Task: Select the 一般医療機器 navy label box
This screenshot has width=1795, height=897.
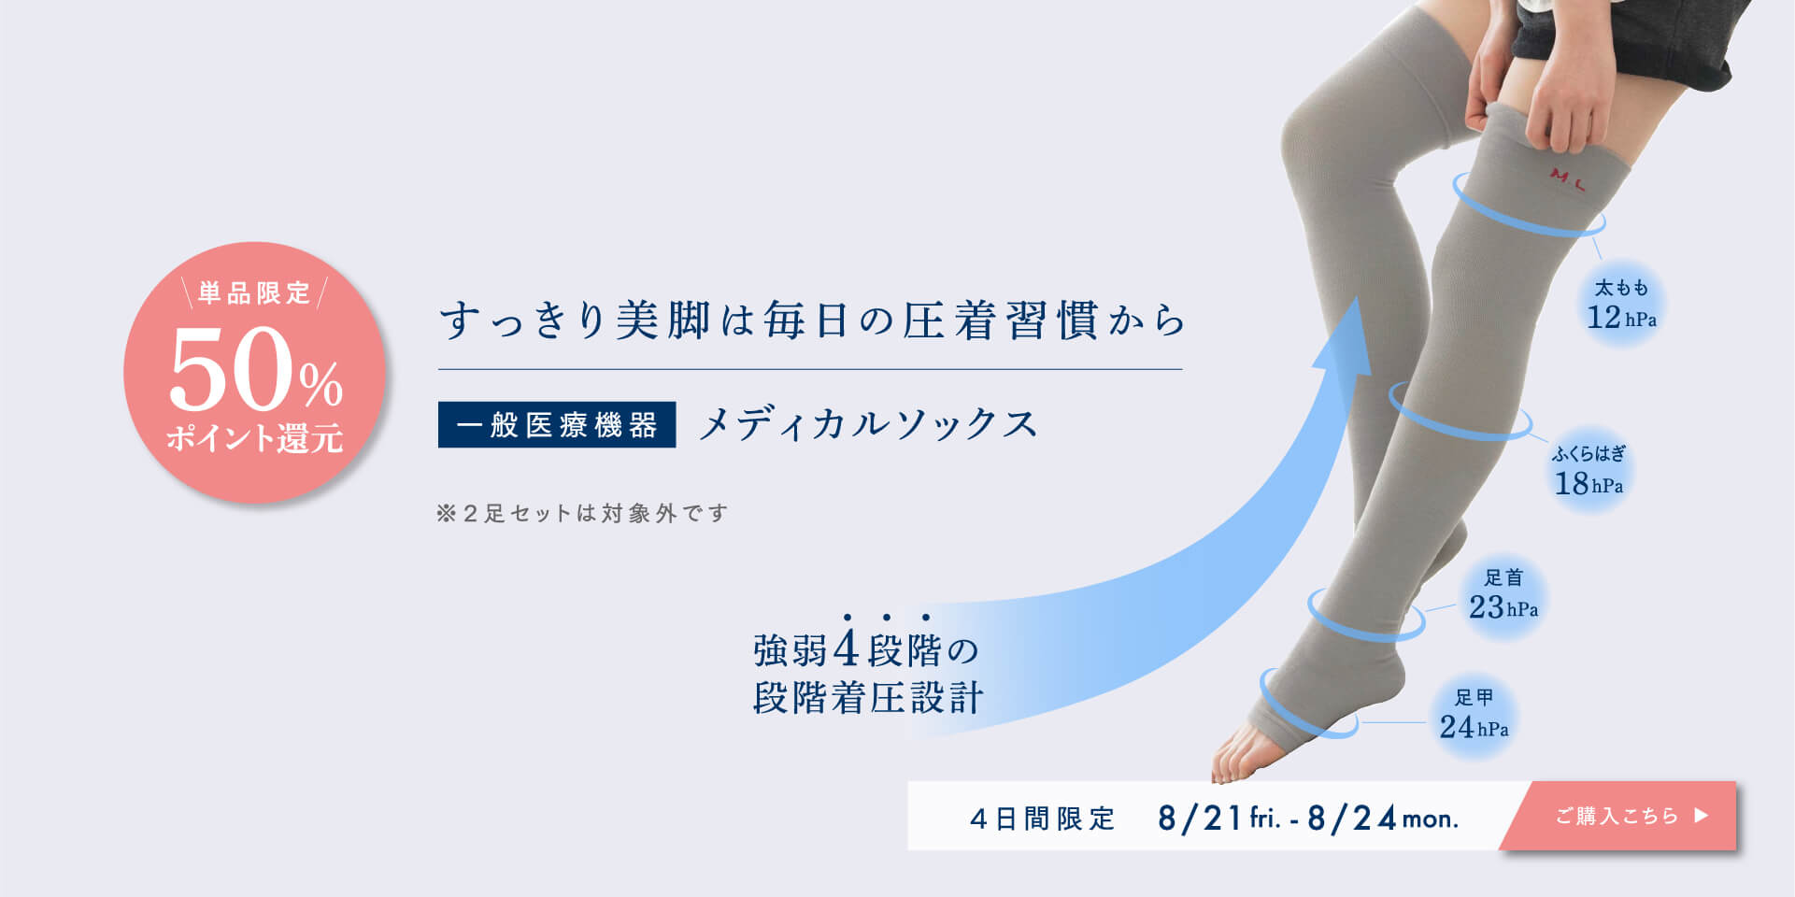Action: click(557, 425)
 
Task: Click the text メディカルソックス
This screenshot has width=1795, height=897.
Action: click(868, 424)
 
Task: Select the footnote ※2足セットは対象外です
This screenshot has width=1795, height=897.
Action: click(582, 513)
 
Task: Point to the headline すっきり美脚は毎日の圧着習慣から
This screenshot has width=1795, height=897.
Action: click(812, 320)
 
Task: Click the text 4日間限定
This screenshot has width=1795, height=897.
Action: click(1043, 819)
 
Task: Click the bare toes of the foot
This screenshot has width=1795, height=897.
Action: click(1239, 756)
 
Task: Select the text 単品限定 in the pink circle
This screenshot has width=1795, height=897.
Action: click(254, 293)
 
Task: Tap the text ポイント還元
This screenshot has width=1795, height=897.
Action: click(255, 438)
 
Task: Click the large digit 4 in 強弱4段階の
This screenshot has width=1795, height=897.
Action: click(847, 649)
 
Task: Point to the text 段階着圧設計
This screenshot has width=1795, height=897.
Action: click(868, 698)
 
